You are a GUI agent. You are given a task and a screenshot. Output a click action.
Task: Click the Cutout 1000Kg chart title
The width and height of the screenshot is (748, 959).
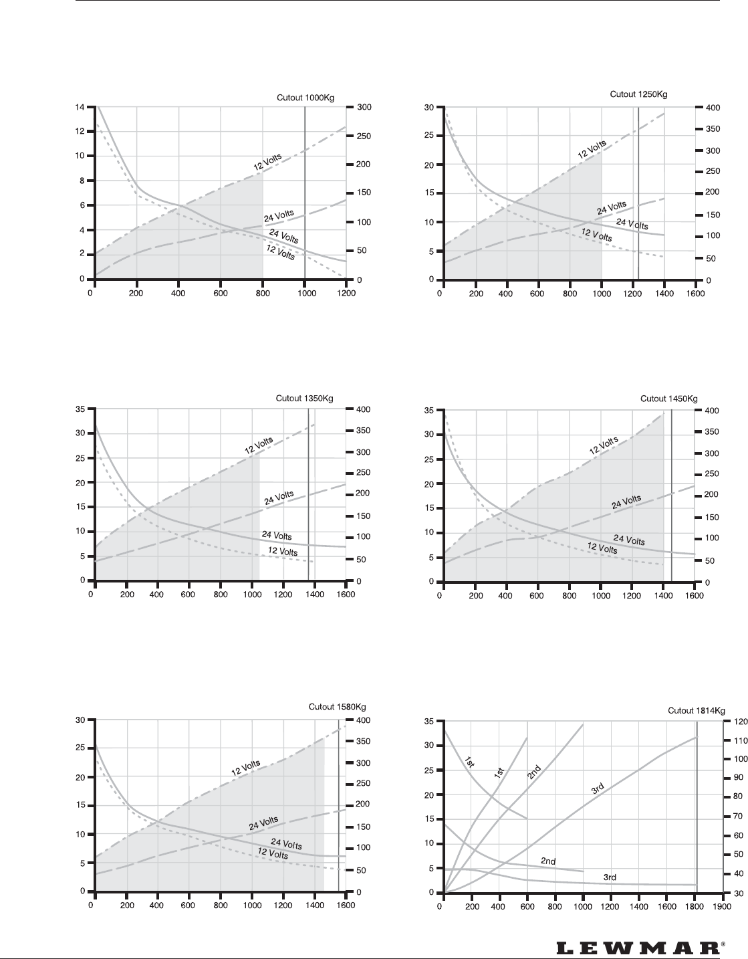[305, 98]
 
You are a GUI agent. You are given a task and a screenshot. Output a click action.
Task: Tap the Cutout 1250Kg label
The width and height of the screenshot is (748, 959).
[638, 94]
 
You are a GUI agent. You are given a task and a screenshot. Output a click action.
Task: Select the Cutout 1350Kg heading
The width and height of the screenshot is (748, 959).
[304, 398]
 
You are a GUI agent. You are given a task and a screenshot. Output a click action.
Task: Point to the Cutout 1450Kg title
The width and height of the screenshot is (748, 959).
[668, 399]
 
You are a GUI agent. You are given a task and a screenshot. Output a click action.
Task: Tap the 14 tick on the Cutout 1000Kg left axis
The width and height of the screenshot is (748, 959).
[80, 107]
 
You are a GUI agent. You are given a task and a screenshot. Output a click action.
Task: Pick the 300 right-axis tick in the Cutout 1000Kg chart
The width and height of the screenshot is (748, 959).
[364, 107]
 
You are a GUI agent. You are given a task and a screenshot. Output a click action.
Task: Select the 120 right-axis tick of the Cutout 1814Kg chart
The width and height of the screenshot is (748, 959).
[741, 722]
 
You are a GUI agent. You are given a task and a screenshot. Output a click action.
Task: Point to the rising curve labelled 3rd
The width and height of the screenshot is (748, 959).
[598, 788]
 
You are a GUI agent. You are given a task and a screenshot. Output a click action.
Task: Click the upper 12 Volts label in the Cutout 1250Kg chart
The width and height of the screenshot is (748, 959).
[592, 149]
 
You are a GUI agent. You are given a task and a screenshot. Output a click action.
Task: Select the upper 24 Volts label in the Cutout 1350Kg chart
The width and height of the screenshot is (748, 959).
[279, 498]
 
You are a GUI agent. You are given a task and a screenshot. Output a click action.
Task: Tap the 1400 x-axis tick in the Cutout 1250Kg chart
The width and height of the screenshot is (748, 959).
[664, 293]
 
